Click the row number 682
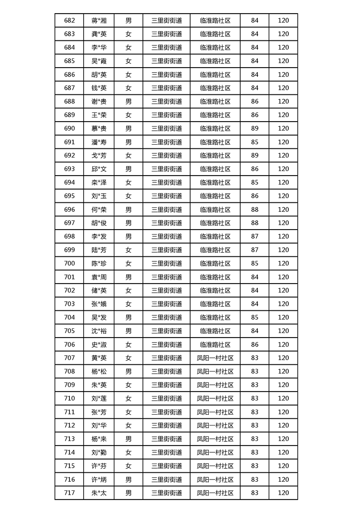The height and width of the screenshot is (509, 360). (69, 20)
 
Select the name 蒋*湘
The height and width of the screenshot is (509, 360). (99, 20)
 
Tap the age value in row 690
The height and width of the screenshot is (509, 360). (255, 128)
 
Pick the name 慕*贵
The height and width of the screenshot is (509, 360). (99, 128)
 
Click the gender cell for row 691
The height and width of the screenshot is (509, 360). (128, 142)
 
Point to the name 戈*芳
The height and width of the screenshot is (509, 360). (99, 156)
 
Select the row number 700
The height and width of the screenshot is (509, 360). (69, 263)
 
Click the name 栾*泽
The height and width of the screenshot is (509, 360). (99, 182)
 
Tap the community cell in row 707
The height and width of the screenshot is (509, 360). (215, 358)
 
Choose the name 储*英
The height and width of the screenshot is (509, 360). (99, 290)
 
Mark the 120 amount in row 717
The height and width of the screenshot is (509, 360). (283, 493)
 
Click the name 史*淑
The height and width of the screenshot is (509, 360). (99, 344)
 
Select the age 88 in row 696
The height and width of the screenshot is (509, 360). (255, 210)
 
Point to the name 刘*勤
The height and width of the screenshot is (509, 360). (99, 452)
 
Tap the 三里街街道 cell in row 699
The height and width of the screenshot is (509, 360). (167, 250)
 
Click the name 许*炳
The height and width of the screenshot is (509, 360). (99, 480)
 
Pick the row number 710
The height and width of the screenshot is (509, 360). (69, 398)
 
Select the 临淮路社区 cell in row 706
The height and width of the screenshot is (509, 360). (215, 344)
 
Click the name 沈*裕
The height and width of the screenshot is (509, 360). (99, 331)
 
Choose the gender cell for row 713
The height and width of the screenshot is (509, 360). (128, 439)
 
